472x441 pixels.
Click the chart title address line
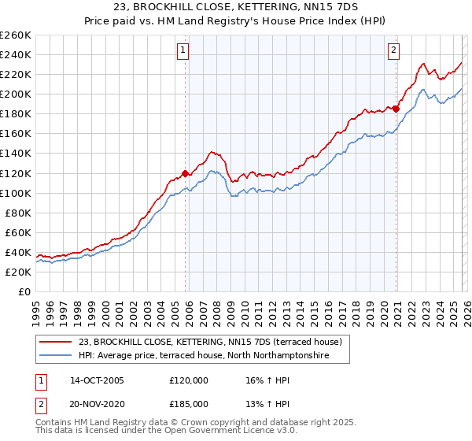236,7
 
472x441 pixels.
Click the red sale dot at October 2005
186,172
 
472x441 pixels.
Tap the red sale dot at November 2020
396,109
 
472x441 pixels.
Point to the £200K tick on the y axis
16,94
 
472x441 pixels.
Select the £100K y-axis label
16,193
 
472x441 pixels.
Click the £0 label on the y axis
24,291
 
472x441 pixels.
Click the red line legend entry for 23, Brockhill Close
210,343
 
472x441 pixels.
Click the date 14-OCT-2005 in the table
97,380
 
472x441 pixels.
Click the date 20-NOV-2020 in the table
97,402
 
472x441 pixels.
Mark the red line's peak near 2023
423,64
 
